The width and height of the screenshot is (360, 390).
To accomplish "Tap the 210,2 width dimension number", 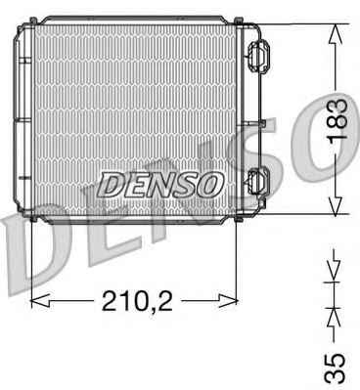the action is tap(137, 300).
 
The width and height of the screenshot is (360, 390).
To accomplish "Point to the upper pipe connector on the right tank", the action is tap(258, 57).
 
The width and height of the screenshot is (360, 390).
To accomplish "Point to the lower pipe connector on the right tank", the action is tap(258, 183).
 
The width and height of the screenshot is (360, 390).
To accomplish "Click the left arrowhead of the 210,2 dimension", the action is tap(40, 300).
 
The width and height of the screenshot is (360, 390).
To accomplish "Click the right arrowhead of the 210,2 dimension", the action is tap(228, 300).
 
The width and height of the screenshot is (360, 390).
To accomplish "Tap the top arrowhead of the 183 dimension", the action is tap(336, 34).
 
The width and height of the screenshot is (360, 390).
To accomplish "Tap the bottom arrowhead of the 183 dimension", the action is tap(336, 205).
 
